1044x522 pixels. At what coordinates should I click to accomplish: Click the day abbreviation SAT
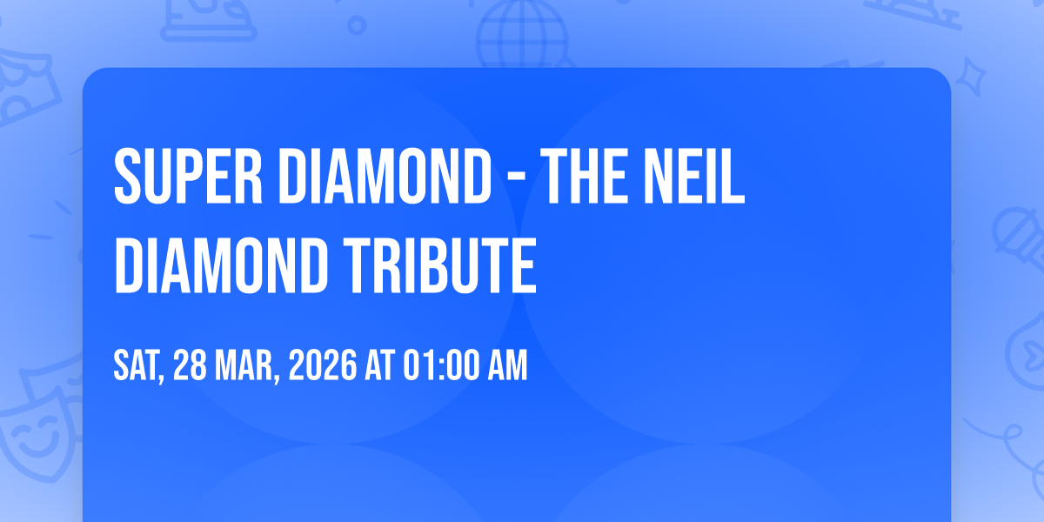[139, 366]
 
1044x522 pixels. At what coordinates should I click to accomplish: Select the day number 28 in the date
[191, 366]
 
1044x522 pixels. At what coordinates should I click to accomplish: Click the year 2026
[321, 366]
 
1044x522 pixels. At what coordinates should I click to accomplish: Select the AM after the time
[505, 366]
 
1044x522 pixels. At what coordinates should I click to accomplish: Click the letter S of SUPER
[125, 177]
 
